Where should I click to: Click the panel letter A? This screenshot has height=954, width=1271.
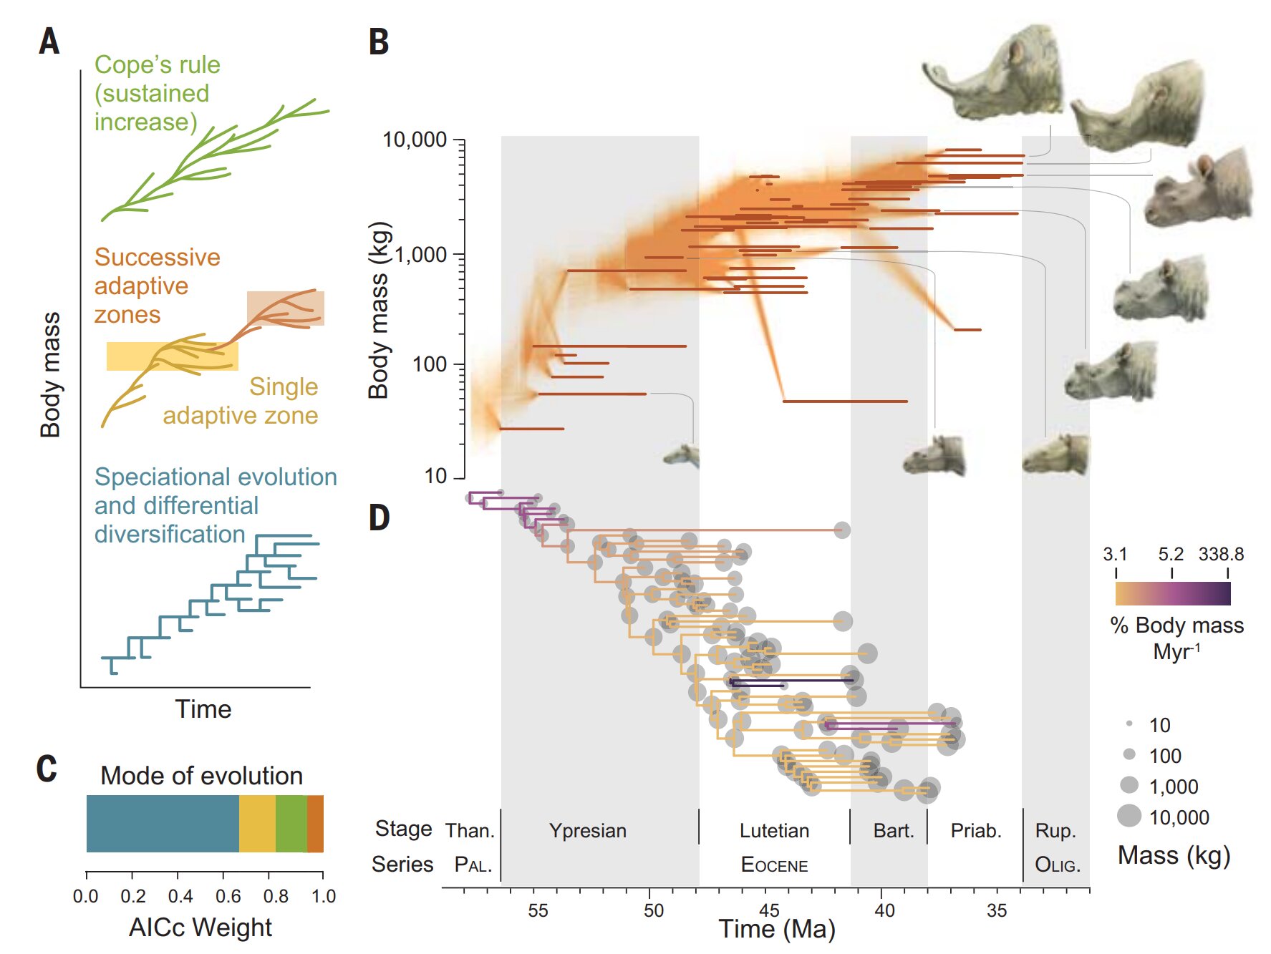tap(49, 41)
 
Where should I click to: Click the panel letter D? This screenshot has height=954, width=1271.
tap(379, 517)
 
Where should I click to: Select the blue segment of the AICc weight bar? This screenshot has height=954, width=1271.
tap(162, 824)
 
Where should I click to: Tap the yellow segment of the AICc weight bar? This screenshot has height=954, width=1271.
tap(257, 824)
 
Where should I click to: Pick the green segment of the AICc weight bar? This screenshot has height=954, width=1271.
tap(291, 824)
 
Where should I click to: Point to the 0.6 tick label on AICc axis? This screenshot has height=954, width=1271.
tap(228, 896)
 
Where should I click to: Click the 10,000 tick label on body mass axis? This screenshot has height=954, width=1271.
tap(415, 140)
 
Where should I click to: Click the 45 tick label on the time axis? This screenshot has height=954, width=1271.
tap(769, 910)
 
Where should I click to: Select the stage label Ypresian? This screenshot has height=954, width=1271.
tap(587, 831)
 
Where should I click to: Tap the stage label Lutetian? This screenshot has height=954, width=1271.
tap(774, 831)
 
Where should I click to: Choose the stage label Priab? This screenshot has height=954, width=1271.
tap(975, 831)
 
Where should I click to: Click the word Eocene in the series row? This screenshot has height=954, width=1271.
tap(774, 865)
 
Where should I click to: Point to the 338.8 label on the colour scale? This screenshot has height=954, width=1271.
tap(1221, 554)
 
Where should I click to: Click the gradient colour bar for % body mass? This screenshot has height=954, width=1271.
tap(1172, 593)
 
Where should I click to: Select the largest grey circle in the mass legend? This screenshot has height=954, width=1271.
tap(1129, 816)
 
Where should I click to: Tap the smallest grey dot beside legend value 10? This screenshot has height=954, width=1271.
tap(1129, 724)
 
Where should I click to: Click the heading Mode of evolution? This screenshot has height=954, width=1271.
tap(201, 776)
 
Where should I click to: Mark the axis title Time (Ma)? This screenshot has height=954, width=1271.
tap(777, 929)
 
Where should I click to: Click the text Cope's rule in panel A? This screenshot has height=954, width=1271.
tap(158, 64)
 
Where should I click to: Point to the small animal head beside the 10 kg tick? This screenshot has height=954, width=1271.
tap(682, 454)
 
